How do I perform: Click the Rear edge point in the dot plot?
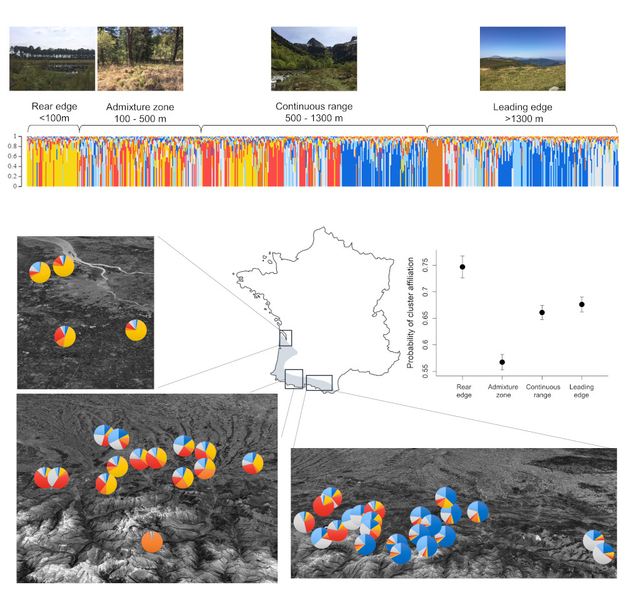(462, 267)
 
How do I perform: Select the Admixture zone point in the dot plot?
(502, 362)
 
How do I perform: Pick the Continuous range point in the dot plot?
(542, 312)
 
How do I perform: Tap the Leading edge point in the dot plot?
(581, 304)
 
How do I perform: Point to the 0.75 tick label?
(425, 265)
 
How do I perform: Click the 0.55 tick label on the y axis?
(425, 371)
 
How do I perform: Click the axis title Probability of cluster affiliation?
(410, 312)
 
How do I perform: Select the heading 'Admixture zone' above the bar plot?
(140, 107)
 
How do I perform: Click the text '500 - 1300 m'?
(314, 118)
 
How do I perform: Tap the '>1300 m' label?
(524, 119)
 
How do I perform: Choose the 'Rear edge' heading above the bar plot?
(54, 106)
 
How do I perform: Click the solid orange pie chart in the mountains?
(152, 542)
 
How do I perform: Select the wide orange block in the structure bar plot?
(435, 162)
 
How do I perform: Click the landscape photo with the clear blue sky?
(522, 59)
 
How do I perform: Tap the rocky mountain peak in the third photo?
(314, 42)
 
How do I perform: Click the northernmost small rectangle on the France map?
(286, 338)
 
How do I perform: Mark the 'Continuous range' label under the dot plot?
(543, 391)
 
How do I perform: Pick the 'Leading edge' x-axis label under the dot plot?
(581, 391)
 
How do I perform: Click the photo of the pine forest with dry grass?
(140, 59)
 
